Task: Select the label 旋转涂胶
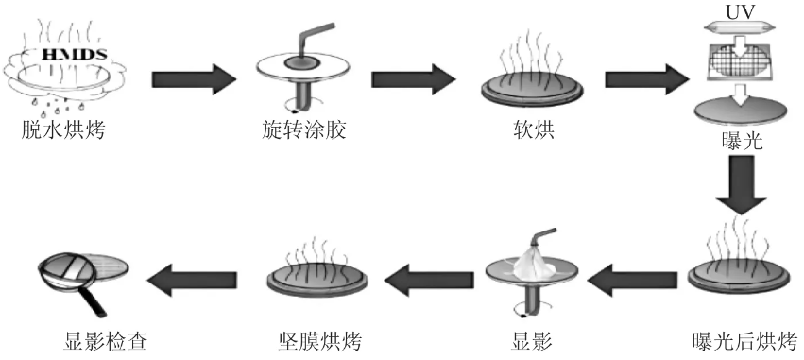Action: (301, 129)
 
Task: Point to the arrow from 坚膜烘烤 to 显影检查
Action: (197, 278)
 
